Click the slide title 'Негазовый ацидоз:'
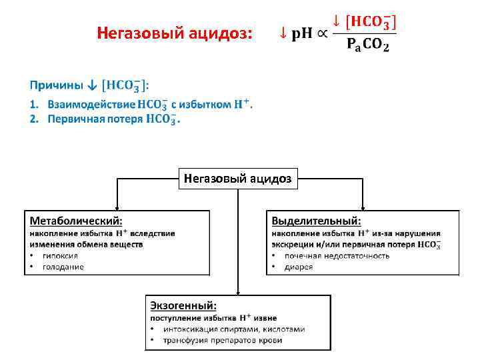point(175,33)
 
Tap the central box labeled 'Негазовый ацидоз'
point(239,179)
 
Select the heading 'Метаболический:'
point(73,220)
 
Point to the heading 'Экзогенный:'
point(183,306)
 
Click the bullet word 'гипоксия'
point(60,256)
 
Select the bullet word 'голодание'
point(63,267)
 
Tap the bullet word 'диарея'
point(299,267)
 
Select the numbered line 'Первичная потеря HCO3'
point(107,119)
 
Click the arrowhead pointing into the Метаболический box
point(117,207)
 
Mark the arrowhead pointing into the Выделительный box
point(363,207)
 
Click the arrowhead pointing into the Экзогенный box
point(239,292)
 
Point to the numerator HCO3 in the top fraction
point(370,22)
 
